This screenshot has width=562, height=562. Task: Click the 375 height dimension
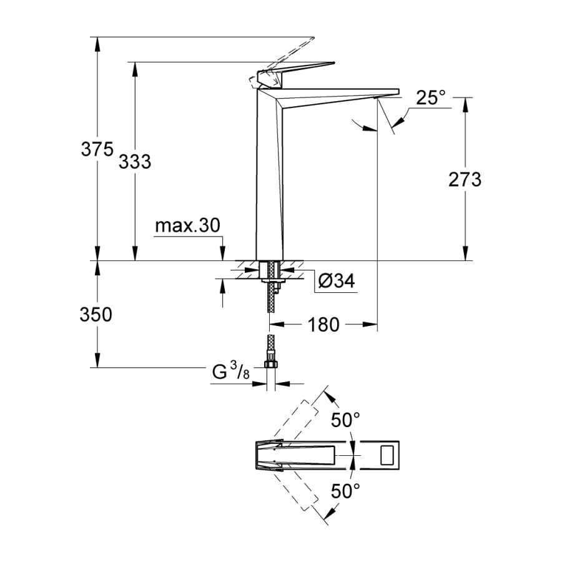(x=97, y=149)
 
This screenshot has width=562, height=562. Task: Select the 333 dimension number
(x=135, y=161)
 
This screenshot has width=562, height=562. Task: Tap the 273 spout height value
(x=465, y=179)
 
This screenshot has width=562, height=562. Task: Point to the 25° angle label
(x=430, y=97)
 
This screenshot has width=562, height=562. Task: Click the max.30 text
(x=187, y=226)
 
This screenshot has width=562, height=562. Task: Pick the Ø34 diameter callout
(x=337, y=280)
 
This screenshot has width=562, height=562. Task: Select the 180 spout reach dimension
(x=323, y=324)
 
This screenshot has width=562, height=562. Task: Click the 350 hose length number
(x=96, y=314)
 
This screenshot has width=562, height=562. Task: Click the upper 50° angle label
(x=345, y=420)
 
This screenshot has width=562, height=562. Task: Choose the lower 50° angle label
(x=345, y=491)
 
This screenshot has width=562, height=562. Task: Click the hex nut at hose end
(x=271, y=364)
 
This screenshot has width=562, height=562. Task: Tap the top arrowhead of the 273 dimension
(x=465, y=104)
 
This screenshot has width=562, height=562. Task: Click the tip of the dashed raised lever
(x=314, y=37)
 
